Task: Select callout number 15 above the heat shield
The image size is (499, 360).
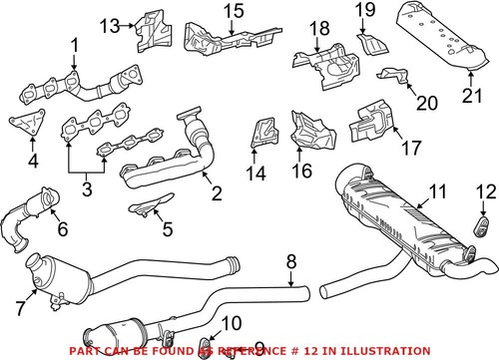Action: (232, 12)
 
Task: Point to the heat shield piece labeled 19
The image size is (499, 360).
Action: (370, 44)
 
